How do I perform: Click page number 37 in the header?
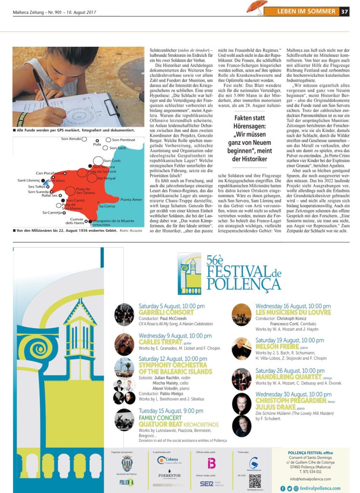click(x=345, y=12)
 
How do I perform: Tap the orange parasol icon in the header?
click(x=257, y=7)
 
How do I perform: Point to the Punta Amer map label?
click(x=131, y=200)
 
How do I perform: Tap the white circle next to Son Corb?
click(x=98, y=160)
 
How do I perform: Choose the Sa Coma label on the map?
click(x=107, y=206)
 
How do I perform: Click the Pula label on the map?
click(x=97, y=144)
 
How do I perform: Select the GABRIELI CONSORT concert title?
click(x=166, y=312)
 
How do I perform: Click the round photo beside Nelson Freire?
click(x=241, y=348)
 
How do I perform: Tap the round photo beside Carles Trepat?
click(x=124, y=344)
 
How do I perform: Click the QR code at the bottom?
click(x=255, y=481)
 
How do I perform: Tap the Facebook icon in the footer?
click(x=282, y=488)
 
